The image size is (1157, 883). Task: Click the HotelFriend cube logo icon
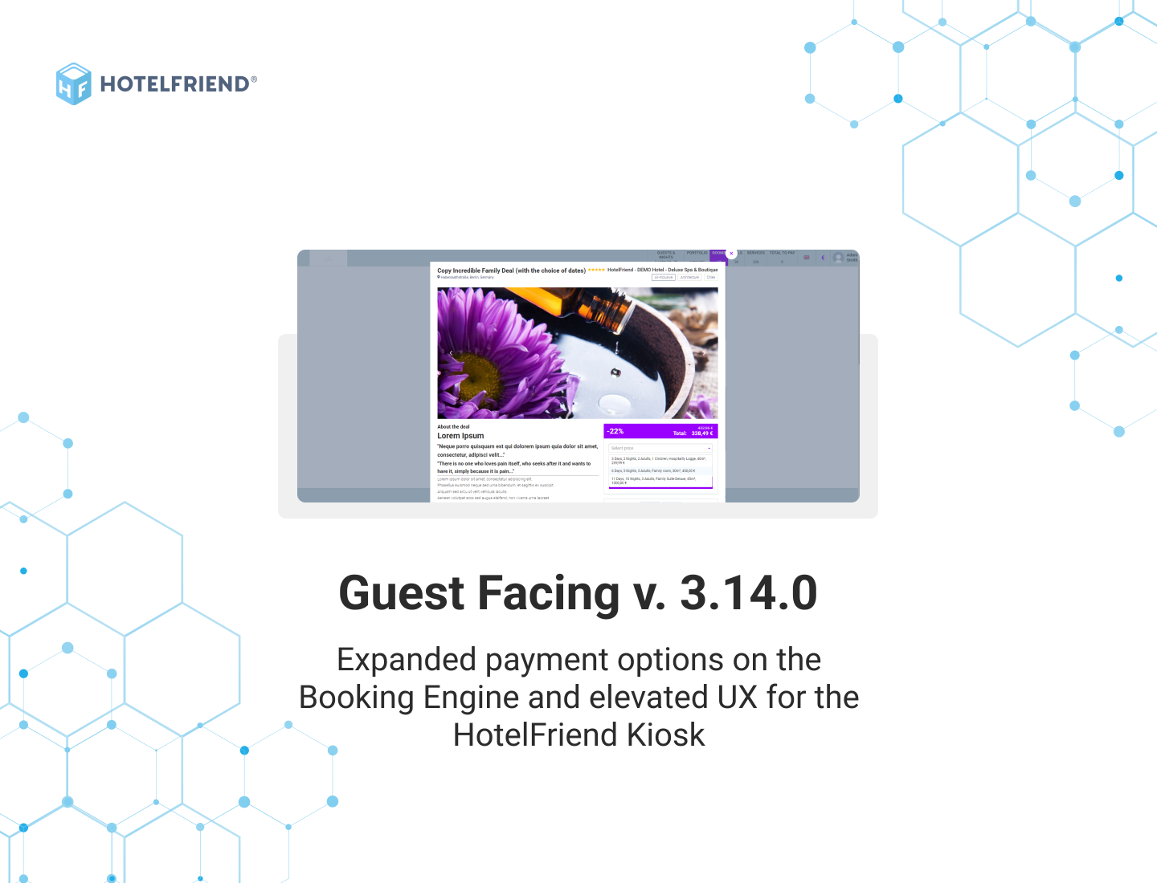tap(73, 83)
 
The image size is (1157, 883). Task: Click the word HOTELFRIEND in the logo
tap(174, 84)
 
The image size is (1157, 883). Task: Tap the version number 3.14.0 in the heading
tap(748, 593)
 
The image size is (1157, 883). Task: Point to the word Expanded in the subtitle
tap(407, 660)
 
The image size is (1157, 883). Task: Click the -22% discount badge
tap(616, 431)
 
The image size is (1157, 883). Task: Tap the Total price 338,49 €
tap(701, 433)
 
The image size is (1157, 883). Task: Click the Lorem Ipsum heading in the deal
tap(460, 436)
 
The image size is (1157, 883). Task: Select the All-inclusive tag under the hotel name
tap(664, 278)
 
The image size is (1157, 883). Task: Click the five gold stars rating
tap(596, 271)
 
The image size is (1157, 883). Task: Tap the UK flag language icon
tap(807, 258)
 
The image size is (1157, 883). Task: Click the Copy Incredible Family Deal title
tap(511, 271)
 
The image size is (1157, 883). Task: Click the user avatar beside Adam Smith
tap(839, 258)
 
